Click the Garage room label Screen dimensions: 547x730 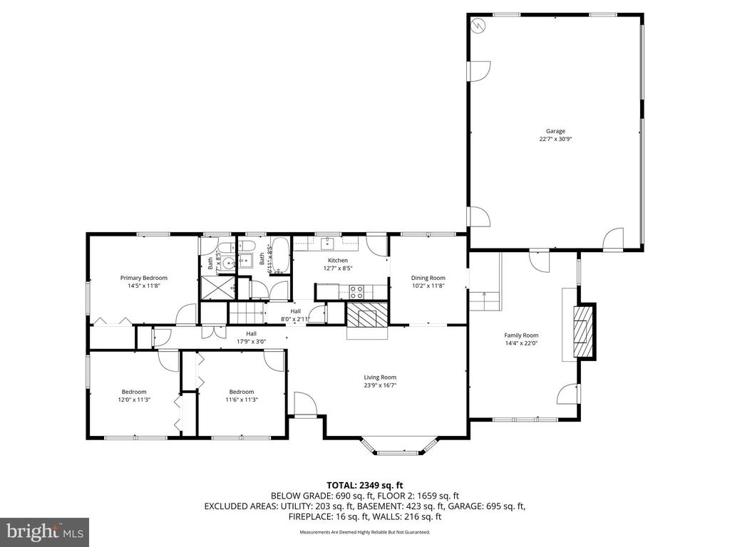pyautogui.click(x=555, y=131)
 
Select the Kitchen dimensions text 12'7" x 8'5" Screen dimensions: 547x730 pyautogui.click(x=337, y=269)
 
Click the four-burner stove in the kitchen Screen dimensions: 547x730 pyautogui.click(x=356, y=291)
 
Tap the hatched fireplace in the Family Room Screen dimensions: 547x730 pyautogui.click(x=585, y=331)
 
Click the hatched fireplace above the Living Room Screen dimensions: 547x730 pyautogui.click(x=368, y=313)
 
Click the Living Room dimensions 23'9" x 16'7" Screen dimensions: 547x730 pyautogui.click(x=380, y=385)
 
